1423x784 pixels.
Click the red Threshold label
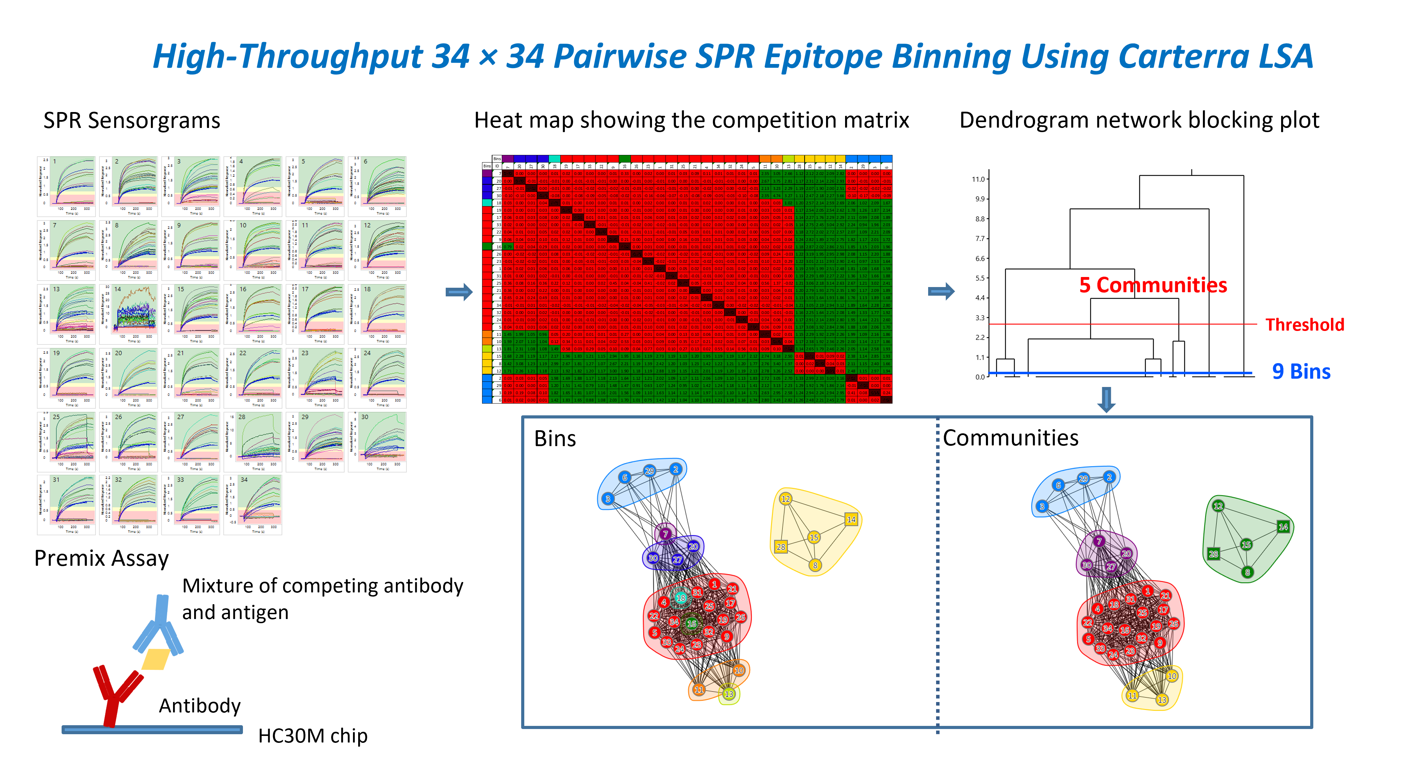click(x=1305, y=325)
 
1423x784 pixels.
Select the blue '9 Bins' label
click(x=1301, y=371)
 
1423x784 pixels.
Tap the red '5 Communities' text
click(x=1153, y=285)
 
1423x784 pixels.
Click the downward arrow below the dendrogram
click(x=1106, y=399)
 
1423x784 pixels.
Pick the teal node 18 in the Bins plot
click(x=681, y=598)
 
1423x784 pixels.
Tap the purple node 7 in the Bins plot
click(x=666, y=534)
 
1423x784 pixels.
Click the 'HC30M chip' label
click(x=312, y=736)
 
